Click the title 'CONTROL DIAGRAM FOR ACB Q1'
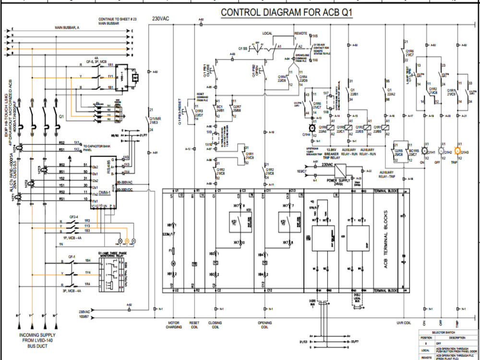tap(287, 13)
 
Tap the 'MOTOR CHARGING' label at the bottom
tap(174, 325)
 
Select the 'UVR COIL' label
tap(404, 323)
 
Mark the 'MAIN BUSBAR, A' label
tap(67, 28)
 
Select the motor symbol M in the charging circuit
tap(174, 263)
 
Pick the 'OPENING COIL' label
tap(264, 325)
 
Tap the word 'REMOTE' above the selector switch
tap(301, 34)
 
